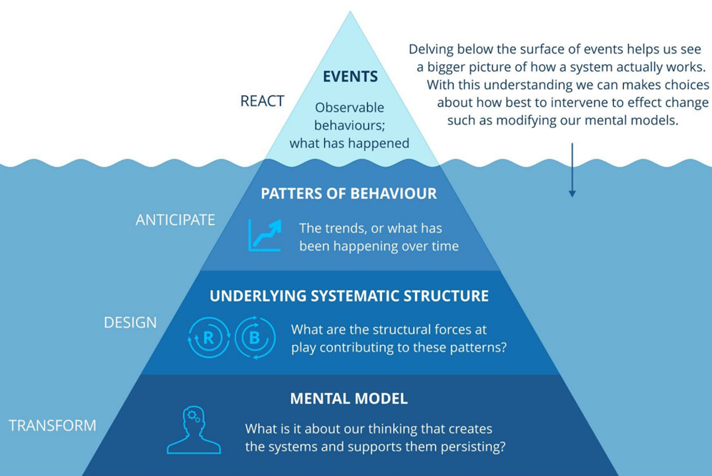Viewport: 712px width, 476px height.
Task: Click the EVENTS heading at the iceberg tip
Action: click(350, 77)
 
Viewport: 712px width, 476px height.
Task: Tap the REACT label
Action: click(262, 102)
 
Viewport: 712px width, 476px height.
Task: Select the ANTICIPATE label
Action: click(175, 220)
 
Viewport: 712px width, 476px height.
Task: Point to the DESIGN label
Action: click(130, 322)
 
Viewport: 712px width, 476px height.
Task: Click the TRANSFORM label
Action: click(52, 426)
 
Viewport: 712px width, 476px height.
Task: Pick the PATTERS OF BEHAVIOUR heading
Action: click(348, 194)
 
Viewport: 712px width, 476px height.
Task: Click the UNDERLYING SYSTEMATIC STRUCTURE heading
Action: click(349, 296)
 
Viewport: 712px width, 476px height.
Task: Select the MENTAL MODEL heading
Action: click(348, 399)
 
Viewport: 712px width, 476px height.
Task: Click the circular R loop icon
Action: click(209, 337)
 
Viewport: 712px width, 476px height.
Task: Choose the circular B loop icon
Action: click(255, 337)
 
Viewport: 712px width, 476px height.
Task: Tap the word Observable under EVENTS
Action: click(349, 108)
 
